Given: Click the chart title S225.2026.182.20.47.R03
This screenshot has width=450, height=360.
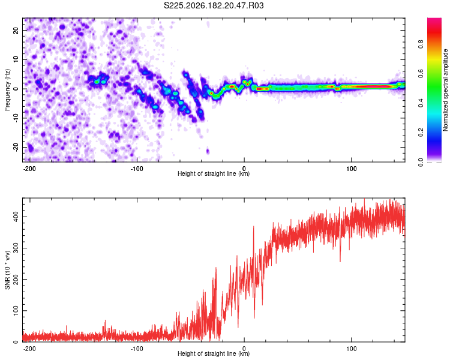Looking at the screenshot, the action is click(214, 5).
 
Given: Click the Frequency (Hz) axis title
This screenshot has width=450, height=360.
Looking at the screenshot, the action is click(7, 90).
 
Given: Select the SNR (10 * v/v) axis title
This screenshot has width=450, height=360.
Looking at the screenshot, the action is click(7, 270).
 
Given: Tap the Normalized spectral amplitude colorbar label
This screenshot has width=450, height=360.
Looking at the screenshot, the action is click(445, 90).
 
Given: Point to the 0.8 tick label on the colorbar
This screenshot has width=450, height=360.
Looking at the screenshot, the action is click(421, 44).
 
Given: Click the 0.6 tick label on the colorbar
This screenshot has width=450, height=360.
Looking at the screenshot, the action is click(421, 74).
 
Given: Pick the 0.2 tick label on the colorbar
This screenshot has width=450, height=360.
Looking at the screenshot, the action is click(421, 133).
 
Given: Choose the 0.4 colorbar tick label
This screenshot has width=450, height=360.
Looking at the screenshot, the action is click(421, 103).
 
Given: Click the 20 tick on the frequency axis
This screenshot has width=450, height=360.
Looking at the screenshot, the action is click(16, 31).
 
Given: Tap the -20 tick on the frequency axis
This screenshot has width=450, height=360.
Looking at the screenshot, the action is click(16, 147).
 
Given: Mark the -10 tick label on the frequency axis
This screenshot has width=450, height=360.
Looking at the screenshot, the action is click(16, 118).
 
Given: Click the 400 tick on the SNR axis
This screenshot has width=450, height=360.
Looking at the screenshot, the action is click(16, 217).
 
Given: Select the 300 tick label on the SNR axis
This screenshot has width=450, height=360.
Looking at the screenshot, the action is click(16, 248).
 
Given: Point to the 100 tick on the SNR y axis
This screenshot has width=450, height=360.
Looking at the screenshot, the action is click(16, 311).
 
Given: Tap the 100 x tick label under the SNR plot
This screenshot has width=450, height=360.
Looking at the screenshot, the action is click(351, 349).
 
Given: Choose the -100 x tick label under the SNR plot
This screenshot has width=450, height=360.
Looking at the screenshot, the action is click(137, 349).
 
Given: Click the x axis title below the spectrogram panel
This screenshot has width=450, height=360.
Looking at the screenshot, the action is click(214, 173).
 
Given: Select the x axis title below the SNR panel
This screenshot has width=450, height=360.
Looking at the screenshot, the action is click(214, 353).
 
